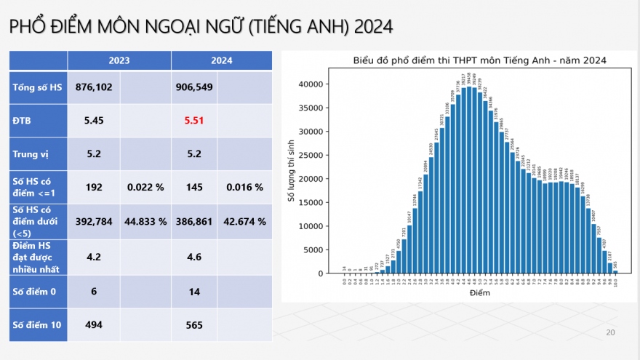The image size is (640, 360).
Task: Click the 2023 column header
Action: [x=119, y=60]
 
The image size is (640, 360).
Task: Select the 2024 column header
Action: [x=222, y=60]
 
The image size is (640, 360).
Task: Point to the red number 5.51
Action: [x=194, y=120]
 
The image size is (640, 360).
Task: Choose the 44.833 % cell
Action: [x=145, y=222]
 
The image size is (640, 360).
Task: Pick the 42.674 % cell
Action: [x=244, y=222]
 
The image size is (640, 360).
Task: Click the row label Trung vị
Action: [x=29, y=154]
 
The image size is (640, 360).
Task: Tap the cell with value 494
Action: [x=94, y=325]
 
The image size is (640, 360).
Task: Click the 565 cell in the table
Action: [x=194, y=325]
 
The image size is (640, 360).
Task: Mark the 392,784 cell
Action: [x=94, y=222]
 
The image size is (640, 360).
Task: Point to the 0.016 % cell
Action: [x=244, y=187]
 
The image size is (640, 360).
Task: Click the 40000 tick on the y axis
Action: [x=310, y=84]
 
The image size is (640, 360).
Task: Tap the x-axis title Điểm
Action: [x=480, y=292]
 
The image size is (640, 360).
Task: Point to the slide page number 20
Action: [x=610, y=332]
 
